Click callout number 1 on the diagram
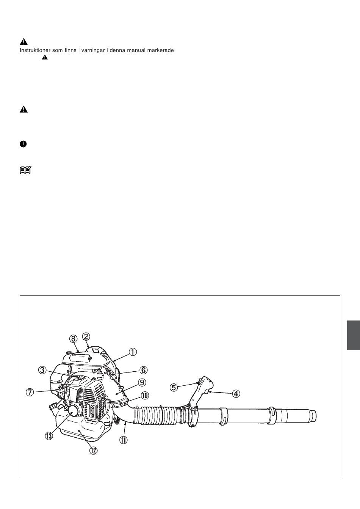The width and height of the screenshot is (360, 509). [x=133, y=352]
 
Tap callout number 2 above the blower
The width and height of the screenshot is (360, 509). [x=86, y=336]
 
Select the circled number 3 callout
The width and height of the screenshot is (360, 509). [x=42, y=370]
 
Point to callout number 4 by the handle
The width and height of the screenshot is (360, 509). [x=236, y=394]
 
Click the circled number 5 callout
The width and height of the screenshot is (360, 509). [x=174, y=387]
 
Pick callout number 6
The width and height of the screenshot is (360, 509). [x=143, y=370]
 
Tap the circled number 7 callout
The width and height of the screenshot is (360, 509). [x=30, y=392]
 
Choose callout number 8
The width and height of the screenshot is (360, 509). [x=73, y=339]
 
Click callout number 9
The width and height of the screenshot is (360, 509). [x=142, y=382]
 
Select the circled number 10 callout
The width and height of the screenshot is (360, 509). [x=145, y=395]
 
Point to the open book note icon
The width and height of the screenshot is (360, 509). [x=25, y=170]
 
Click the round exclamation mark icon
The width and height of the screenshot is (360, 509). [x=23, y=144]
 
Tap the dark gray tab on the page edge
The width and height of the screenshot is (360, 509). [x=354, y=335]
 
